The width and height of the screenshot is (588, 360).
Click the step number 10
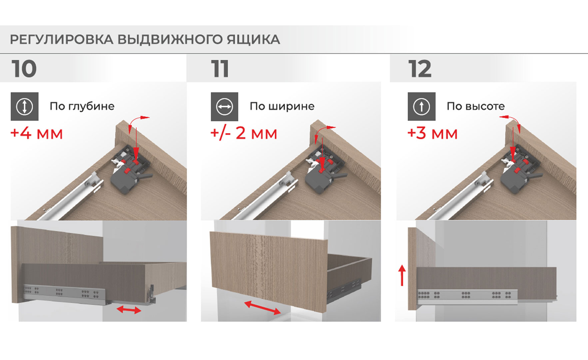24,69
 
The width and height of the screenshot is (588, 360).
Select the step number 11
220,69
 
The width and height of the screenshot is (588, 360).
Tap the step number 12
420,69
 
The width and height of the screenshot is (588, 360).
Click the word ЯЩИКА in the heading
254,39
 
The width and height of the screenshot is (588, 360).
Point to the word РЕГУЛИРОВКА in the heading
62,39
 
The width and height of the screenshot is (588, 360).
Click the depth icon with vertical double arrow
25,106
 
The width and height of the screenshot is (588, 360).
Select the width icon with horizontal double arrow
225,107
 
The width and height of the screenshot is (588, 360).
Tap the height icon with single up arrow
421,106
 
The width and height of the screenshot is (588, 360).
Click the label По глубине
82,106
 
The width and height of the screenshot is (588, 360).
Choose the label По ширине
282,106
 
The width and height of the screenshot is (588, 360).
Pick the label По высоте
476,106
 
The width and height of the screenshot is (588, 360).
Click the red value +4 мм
37,133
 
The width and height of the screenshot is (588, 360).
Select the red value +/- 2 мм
244,133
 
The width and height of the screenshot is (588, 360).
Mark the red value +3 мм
432,133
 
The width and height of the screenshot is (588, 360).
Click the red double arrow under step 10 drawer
129,310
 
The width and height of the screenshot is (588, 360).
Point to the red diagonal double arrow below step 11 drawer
263,308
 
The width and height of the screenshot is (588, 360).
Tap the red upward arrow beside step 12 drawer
402,275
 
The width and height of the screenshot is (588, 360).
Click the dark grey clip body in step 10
122,181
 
